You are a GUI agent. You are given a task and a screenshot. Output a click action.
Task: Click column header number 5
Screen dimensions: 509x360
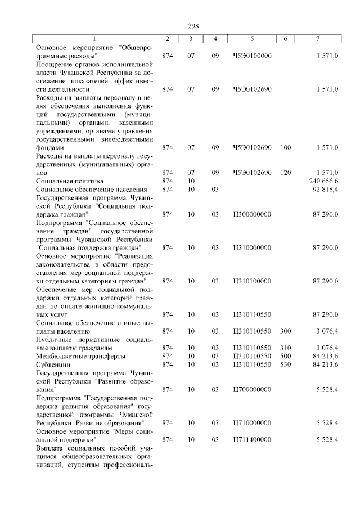[x=252, y=38]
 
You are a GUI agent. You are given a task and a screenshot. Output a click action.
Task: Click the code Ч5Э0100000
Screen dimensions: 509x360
[x=252, y=56]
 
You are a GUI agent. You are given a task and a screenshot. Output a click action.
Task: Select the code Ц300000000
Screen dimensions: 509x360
[x=252, y=214]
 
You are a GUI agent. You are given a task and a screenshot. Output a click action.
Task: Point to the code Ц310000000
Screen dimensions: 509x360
[x=252, y=247]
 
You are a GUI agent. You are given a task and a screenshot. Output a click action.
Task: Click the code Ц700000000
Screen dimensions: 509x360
[x=252, y=389]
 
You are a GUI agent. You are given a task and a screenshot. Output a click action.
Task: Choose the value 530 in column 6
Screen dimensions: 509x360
[x=285, y=364]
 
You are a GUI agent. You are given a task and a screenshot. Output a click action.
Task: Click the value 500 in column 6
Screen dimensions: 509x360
[x=285, y=356]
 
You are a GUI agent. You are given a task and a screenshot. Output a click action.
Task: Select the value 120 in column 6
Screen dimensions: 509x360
[x=285, y=173]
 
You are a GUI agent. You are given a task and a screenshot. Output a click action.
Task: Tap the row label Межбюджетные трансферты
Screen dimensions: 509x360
[x=80, y=356]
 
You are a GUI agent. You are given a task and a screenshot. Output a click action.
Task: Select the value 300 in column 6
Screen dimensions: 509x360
[x=285, y=331]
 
